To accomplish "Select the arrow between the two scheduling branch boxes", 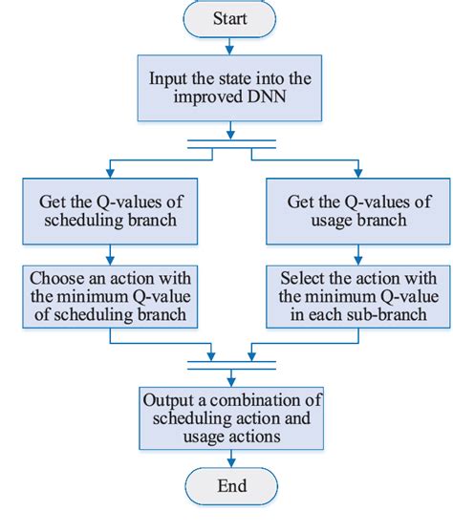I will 111,252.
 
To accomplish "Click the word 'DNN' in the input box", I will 261,98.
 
